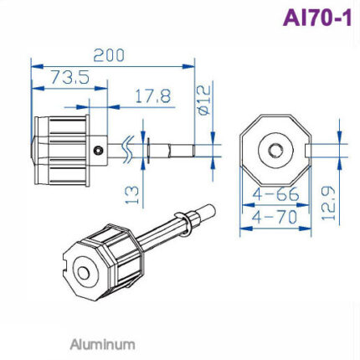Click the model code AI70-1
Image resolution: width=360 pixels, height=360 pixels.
316,18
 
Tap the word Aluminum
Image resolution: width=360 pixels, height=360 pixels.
101,343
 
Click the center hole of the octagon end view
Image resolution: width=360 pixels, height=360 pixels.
275,150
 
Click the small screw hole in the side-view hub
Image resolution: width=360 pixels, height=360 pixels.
100,151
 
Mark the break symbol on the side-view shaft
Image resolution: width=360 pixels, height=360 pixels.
128,149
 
